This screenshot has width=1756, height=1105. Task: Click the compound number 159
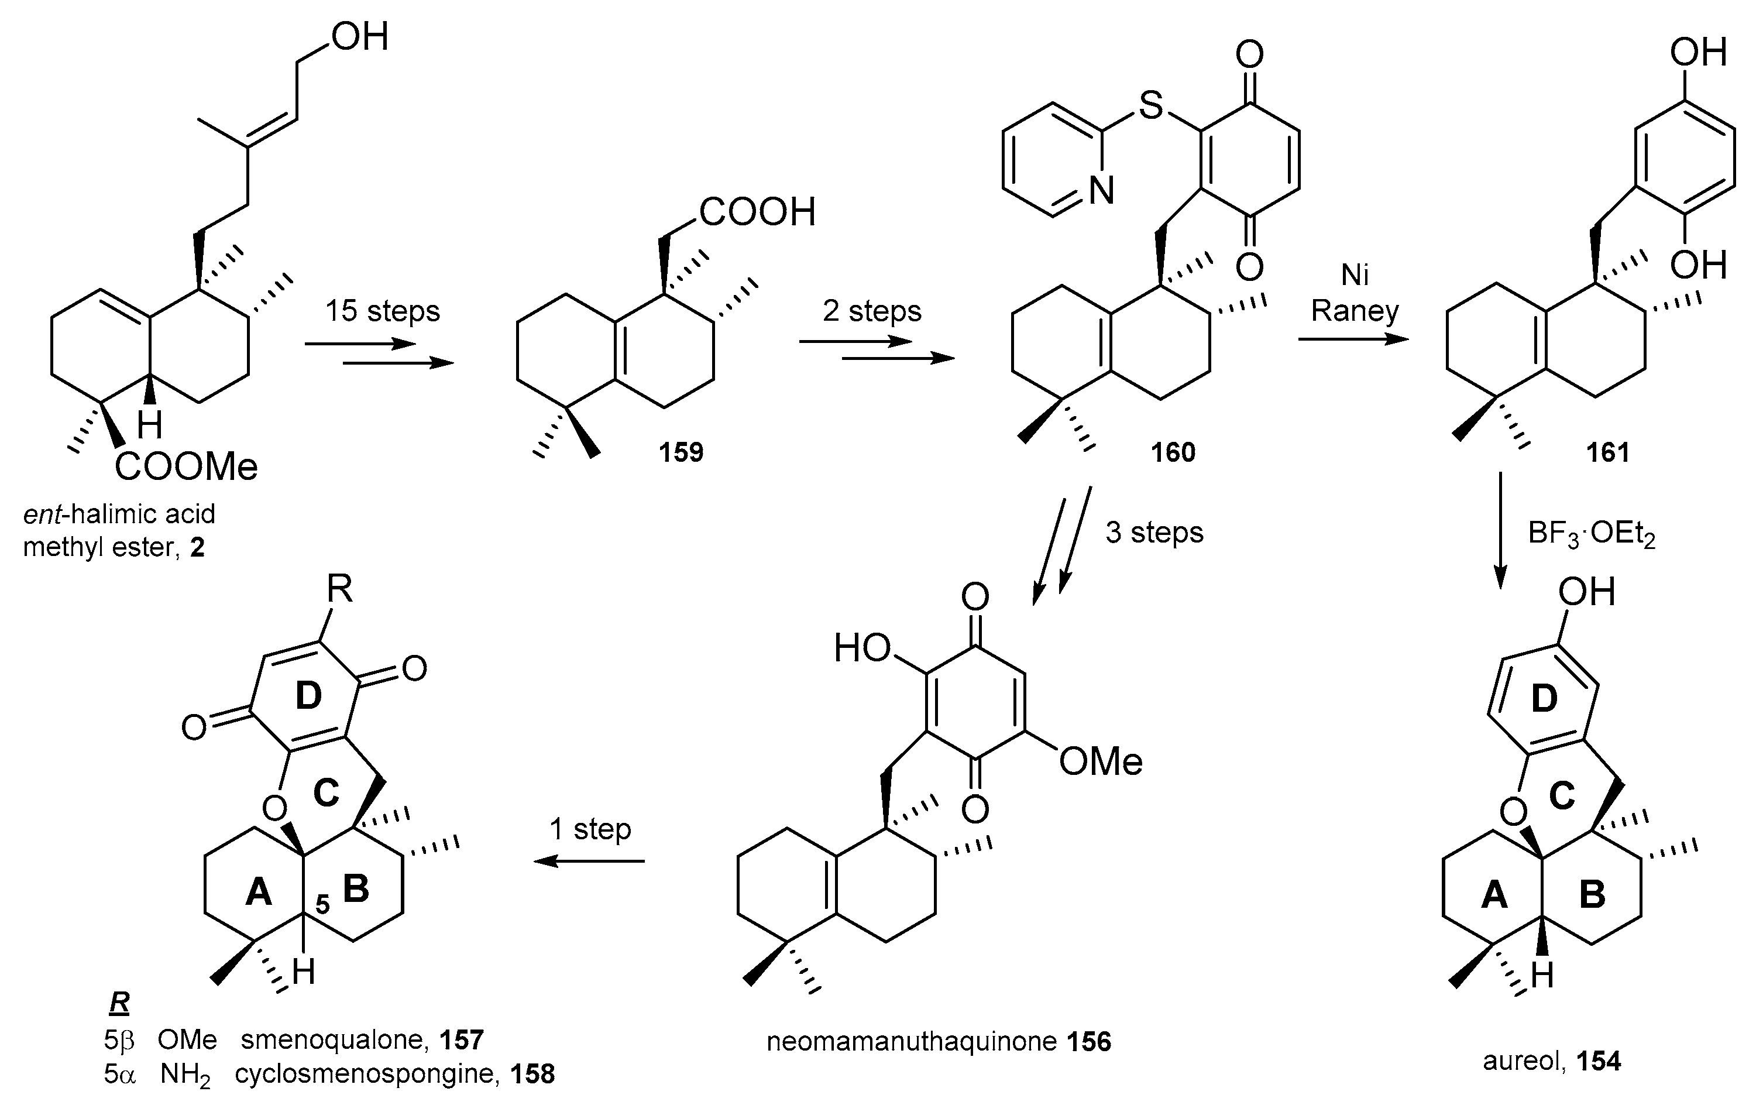[681, 452]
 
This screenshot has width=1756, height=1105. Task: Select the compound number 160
[1173, 452]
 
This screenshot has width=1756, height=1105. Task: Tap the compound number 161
[1607, 452]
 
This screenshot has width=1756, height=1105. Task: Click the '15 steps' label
[382, 311]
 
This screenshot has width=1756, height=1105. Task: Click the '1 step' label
[590, 829]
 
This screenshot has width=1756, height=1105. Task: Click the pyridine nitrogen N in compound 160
[1101, 192]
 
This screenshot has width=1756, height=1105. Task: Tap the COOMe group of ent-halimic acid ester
[187, 467]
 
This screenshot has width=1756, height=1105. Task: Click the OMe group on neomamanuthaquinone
[1099, 761]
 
